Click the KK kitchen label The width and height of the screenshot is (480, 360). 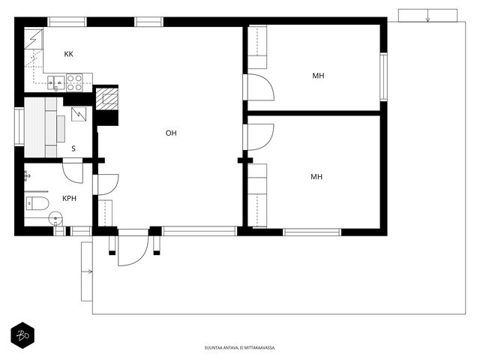click(x=68, y=54)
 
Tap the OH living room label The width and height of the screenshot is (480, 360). click(x=171, y=133)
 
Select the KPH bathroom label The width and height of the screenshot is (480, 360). click(x=70, y=198)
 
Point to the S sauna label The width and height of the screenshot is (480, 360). click(x=73, y=148)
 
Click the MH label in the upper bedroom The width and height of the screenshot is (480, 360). click(x=318, y=76)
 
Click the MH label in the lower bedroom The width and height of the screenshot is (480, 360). click(x=316, y=177)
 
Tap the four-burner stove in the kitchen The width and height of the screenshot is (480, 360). click(x=75, y=82)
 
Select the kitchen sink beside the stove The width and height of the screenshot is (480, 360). click(x=56, y=82)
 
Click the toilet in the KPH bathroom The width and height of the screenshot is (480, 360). click(x=37, y=203)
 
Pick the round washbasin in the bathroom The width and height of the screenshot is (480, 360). click(x=55, y=218)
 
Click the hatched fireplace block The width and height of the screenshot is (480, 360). click(x=106, y=99)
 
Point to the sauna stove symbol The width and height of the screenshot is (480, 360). click(x=79, y=115)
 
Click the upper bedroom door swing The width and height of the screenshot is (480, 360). click(x=260, y=87)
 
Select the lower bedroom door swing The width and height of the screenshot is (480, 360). click(x=260, y=137)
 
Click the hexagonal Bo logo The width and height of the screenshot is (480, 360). click(x=22, y=335)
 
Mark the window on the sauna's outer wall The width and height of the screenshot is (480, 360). click(x=19, y=127)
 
